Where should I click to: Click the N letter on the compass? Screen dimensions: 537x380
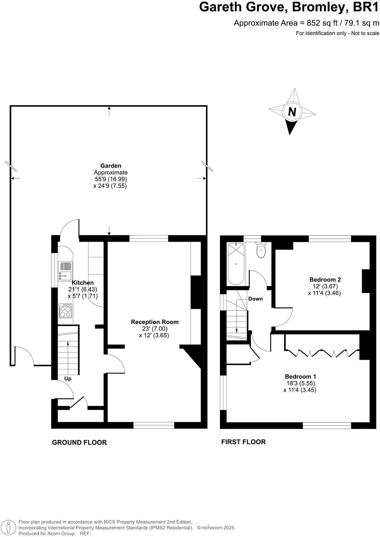[x=292, y=112]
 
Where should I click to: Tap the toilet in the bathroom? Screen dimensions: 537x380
[x=261, y=250]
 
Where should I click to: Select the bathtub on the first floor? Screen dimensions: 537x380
[x=236, y=264]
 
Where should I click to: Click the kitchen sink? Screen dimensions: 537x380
[x=65, y=271]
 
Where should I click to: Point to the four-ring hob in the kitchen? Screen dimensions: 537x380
[x=65, y=310]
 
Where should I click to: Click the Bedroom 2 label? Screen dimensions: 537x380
[x=325, y=280]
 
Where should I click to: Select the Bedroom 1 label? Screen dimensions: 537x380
[x=300, y=376]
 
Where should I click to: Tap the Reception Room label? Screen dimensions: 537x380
[x=154, y=322]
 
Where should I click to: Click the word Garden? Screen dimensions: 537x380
[x=110, y=166]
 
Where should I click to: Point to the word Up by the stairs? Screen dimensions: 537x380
[x=68, y=379]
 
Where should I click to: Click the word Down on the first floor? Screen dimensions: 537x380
[x=255, y=299]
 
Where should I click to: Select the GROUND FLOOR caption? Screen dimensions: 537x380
[x=79, y=442]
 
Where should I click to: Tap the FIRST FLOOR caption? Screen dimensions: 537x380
[x=243, y=442]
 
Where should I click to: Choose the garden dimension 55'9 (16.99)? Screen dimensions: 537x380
[x=110, y=179]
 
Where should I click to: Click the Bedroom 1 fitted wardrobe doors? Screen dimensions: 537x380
[x=322, y=353]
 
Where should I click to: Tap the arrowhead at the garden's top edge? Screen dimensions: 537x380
[x=109, y=109]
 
